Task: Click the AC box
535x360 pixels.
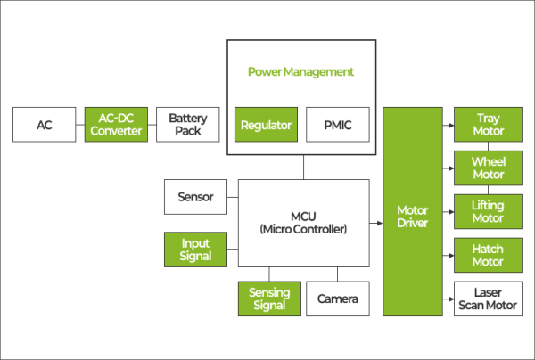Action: pos(44,125)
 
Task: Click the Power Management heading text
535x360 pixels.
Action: pos(300,71)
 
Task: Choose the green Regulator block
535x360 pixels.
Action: pos(267,126)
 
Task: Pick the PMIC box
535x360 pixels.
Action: pos(335,126)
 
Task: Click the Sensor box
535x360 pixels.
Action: pos(195,197)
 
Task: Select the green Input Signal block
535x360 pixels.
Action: pos(195,250)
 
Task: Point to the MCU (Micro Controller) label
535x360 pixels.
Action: pos(302,222)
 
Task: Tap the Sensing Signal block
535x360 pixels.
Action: pos(268,299)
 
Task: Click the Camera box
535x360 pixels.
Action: pos(337,299)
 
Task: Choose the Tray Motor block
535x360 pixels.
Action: pos(488,125)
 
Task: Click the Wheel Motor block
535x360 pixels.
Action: pos(488,168)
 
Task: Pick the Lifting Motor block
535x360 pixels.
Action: pos(488,212)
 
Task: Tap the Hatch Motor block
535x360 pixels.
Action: pos(488,256)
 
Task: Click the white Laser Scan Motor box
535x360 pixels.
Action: pos(488,299)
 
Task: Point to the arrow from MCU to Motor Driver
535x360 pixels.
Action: pos(375,222)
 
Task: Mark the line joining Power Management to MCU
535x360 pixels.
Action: pos(302,167)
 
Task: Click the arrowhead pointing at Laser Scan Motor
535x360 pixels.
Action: pos(449,299)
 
